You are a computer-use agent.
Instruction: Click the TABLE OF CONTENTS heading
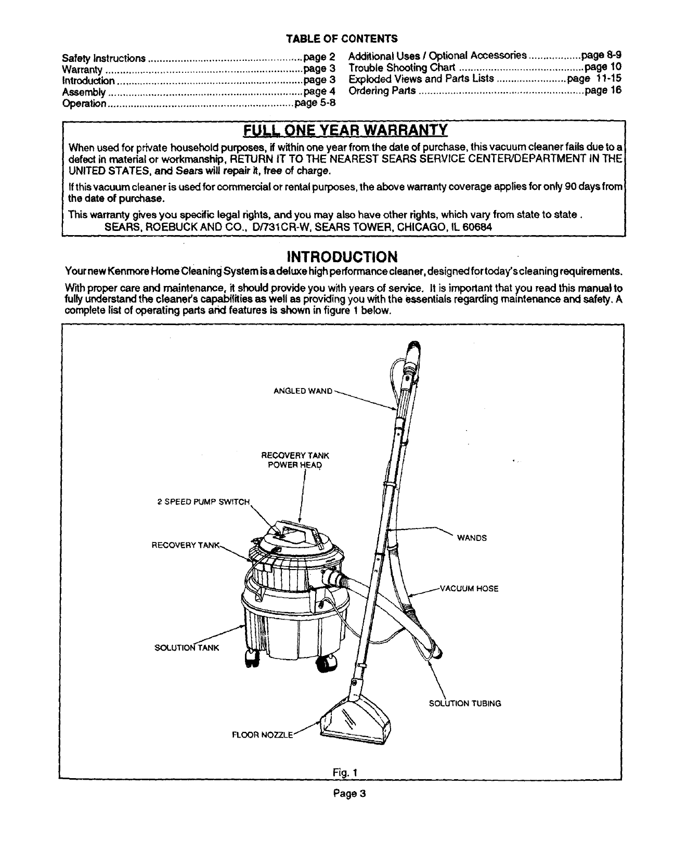342,38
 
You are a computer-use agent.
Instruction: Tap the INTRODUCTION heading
343,257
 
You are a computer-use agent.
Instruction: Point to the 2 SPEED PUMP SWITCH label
203,502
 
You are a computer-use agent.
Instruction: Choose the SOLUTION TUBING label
465,704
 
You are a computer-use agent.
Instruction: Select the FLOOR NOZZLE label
263,735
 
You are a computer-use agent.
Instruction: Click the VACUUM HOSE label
469,589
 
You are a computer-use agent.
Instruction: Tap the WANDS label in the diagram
472,538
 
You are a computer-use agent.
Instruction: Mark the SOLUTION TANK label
188,648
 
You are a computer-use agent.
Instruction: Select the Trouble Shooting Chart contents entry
401,68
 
